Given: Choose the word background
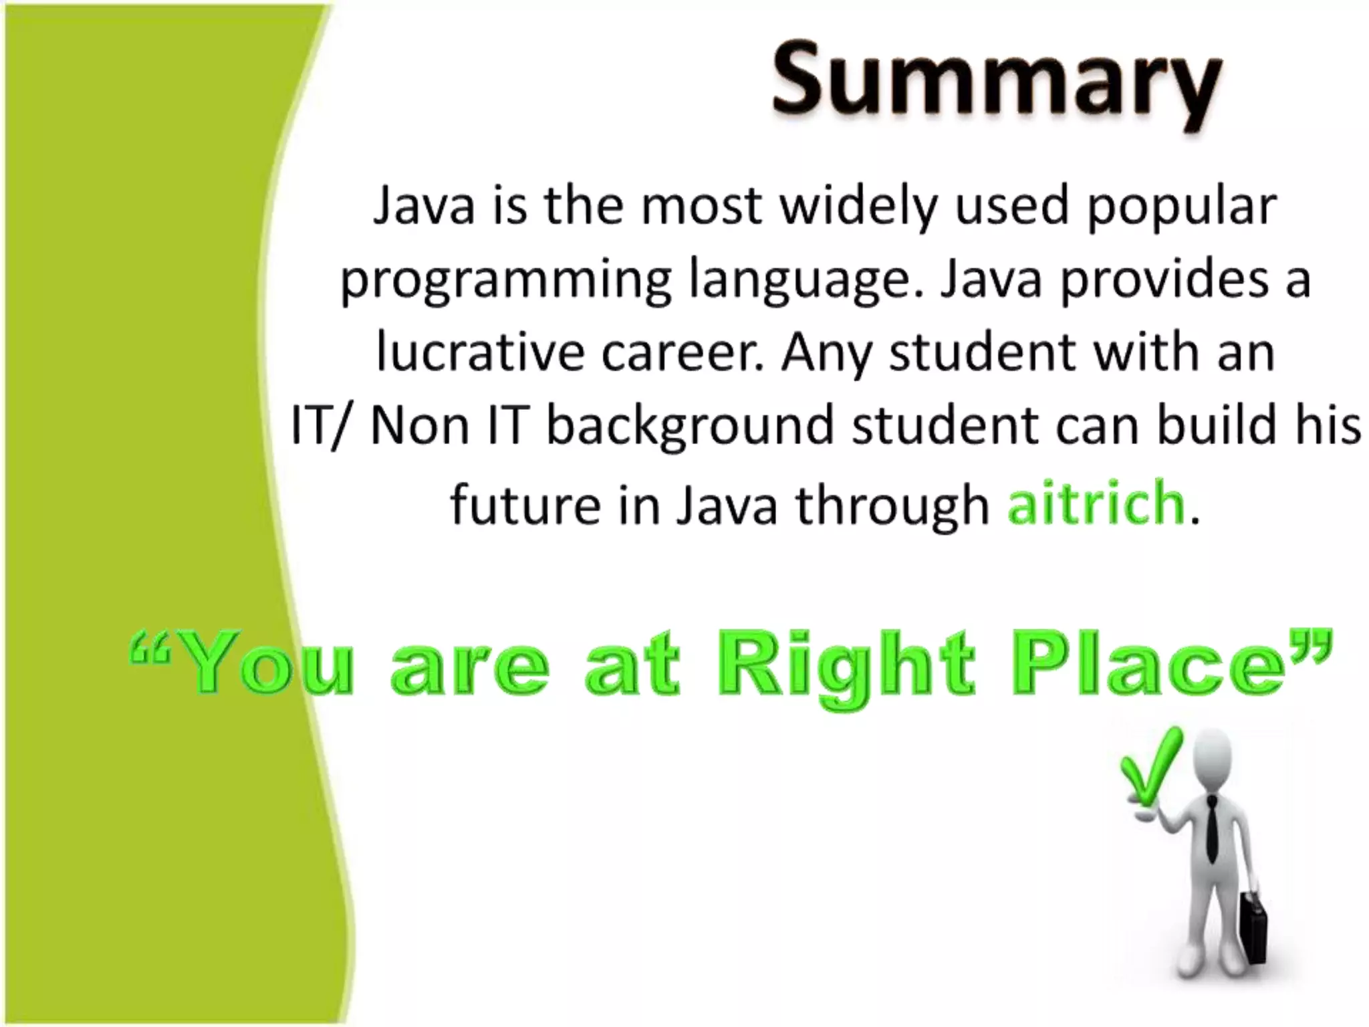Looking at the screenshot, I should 691,427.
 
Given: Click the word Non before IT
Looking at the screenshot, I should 420,425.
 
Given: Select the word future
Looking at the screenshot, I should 525,504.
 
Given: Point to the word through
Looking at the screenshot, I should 892,505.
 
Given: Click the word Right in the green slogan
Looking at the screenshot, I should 845,669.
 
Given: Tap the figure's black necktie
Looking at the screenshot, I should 1211,829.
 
